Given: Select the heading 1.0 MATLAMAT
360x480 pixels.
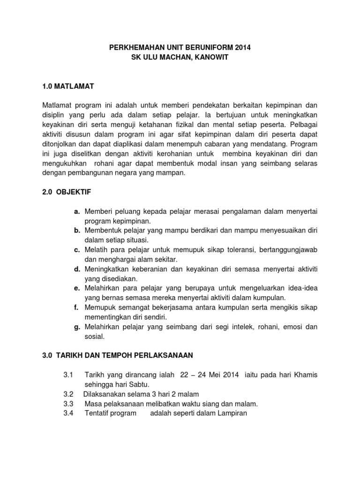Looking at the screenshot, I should (68, 86).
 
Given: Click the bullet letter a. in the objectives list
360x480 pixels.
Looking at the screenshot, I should (77, 212).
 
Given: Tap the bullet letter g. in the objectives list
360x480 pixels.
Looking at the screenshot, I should (77, 327).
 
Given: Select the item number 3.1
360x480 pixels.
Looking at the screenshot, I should (68, 375).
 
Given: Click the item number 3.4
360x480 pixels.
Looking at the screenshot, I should (68, 413).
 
